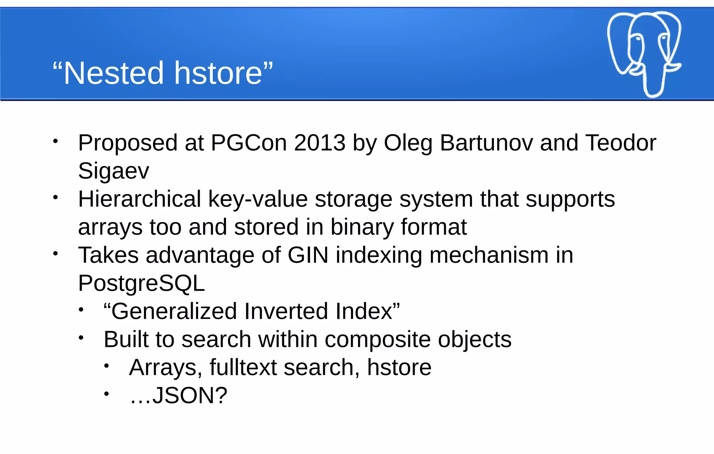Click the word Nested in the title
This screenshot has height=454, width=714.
[x=113, y=73]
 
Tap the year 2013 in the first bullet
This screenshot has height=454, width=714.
[x=320, y=143]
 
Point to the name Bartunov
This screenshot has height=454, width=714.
[x=486, y=143]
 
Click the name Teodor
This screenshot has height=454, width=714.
[x=621, y=143]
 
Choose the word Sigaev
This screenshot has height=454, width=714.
[x=114, y=171]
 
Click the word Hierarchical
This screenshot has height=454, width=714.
[x=140, y=199]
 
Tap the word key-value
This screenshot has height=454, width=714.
[x=258, y=199]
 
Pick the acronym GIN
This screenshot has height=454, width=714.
[x=308, y=255]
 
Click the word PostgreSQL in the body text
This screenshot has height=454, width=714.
[x=141, y=283]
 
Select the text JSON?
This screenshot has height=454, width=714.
[x=190, y=395]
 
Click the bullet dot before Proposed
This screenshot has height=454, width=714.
[x=55, y=141]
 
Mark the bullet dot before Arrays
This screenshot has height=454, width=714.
[x=107, y=366]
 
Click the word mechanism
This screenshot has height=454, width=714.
[x=489, y=255]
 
